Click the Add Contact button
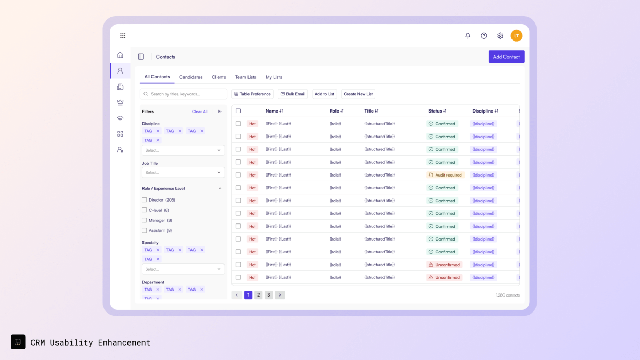pos(506,57)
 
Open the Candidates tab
pos(190,77)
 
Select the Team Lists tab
pos(245,77)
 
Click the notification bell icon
pos(468,36)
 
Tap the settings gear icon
pos(500,36)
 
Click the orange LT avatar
pos(516,36)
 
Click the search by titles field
pos(183,94)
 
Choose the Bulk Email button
pos(293,94)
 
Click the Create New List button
pos(358,94)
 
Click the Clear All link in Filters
pos(199,111)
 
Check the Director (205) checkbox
pos(144,200)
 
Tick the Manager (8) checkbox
pos(144,220)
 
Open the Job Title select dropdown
pos(183,172)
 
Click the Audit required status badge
pos(445,175)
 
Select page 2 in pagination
pos(258,295)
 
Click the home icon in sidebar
pos(120,55)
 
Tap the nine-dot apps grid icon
pos(123,36)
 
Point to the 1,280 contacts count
pos(507,295)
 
